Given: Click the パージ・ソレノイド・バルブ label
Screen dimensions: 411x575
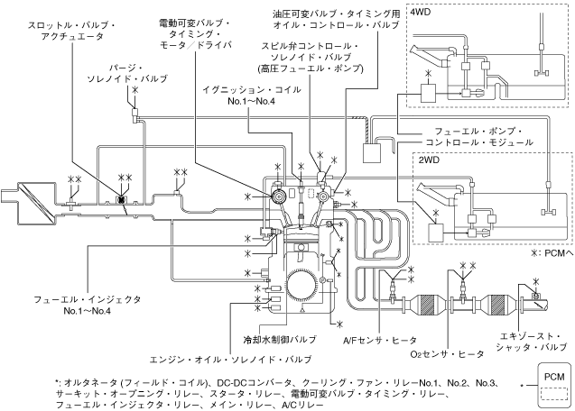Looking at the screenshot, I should click(135, 72).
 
